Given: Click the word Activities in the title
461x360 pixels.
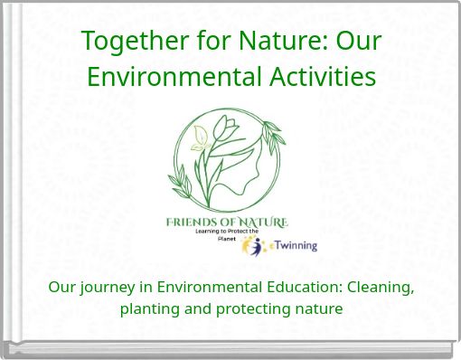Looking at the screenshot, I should click(x=326, y=76).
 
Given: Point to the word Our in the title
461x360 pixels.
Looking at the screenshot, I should click(x=359, y=42).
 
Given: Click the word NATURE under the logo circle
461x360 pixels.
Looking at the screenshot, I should click(x=261, y=222).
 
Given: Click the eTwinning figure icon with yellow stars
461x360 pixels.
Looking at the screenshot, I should click(x=252, y=246).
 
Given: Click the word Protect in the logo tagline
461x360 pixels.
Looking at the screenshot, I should click(x=234, y=231).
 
